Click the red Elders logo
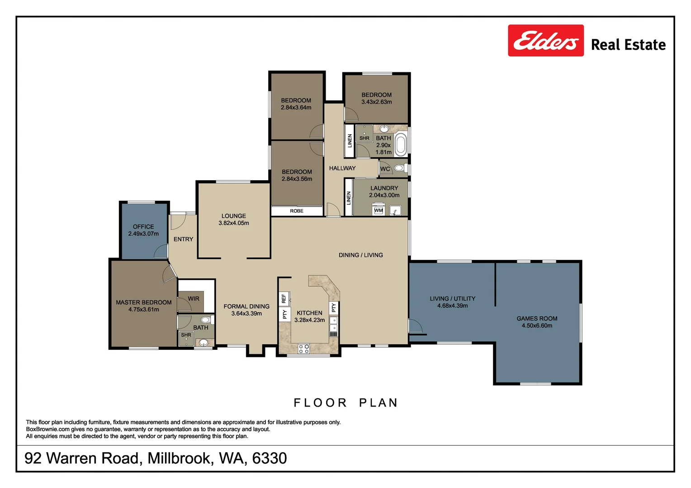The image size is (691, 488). point(545,41)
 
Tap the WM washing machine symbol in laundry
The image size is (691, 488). point(379,211)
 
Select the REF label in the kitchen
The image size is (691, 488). point(284,299)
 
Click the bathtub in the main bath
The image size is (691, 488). point(401,144)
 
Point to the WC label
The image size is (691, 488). point(385,169)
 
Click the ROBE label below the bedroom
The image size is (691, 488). point(297,211)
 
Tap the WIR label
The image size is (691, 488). point(194,299)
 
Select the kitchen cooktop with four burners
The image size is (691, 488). point(304,348)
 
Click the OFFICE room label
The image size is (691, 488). point(143,227)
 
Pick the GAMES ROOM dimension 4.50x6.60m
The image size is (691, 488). point(537,326)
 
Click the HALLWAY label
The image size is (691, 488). point(342,168)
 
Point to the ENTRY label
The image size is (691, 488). point(183,239)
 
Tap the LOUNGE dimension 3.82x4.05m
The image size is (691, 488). point(234,223)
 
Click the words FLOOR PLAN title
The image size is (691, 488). point(346,403)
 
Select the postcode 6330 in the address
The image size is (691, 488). point(270,458)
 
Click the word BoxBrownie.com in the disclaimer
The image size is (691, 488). point(48,429)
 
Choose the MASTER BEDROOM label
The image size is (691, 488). point(143,302)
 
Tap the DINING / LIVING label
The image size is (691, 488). point(360,255)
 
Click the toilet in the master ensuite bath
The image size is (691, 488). point(206,320)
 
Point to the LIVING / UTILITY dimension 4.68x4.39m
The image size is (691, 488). point(452,306)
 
